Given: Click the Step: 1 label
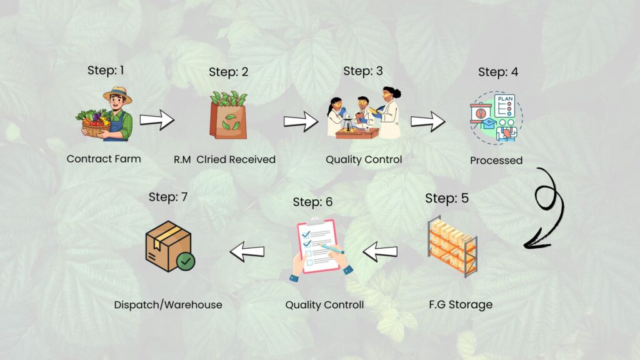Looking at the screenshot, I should [106, 70].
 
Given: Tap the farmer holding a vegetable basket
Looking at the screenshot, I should [106, 113].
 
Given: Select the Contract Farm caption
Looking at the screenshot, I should [104, 159].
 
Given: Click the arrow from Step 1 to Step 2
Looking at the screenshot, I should [157, 119].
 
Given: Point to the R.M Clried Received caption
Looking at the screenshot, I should [224, 159].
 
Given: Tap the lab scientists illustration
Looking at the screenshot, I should [364, 114].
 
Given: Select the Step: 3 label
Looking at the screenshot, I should [363, 71].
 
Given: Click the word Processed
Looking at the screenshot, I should [496, 161].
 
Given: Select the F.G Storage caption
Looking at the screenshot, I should [461, 305].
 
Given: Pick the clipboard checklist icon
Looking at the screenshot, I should [320, 246].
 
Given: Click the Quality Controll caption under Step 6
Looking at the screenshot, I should [324, 305].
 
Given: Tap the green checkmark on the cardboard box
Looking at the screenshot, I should [185, 261].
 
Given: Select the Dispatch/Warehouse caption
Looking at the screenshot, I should [168, 305].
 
